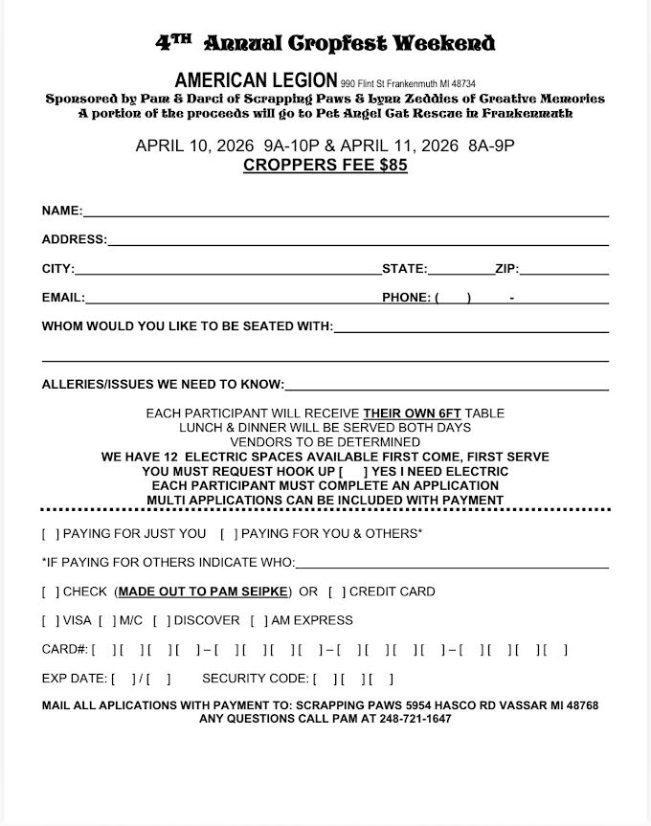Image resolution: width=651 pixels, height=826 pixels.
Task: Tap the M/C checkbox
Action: click(107, 620)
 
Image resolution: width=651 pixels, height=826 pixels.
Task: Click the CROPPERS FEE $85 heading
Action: click(325, 165)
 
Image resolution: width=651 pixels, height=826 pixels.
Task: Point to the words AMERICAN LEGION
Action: click(257, 79)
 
